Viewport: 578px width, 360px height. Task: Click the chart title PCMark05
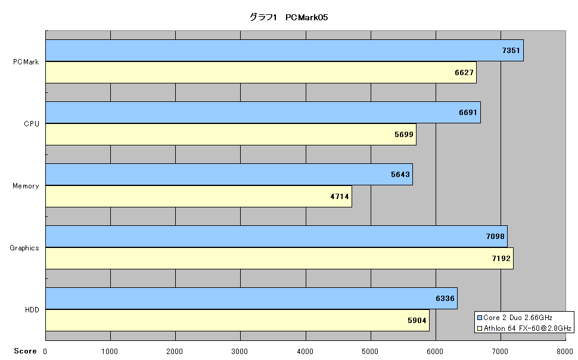[x=288, y=17]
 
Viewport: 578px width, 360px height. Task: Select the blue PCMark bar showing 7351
[x=285, y=51]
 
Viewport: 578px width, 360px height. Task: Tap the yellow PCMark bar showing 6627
[x=261, y=72]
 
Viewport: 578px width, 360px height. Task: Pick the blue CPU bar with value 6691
[x=263, y=113]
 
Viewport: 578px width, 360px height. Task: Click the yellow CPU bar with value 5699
[x=231, y=134]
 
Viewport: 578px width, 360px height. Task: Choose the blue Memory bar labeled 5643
[x=229, y=175]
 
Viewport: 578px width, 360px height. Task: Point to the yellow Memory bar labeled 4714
[x=198, y=196]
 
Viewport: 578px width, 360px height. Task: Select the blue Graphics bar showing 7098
[x=276, y=237]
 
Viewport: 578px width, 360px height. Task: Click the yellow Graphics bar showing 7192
[x=279, y=258]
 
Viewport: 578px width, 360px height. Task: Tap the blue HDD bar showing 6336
[x=251, y=299]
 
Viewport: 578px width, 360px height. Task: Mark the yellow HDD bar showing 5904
[x=237, y=320]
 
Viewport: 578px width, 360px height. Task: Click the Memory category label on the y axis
[x=26, y=186]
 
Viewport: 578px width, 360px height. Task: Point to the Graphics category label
[x=24, y=248]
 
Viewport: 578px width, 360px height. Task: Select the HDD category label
[x=32, y=310]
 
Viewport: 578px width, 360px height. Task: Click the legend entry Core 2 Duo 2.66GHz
[x=515, y=318]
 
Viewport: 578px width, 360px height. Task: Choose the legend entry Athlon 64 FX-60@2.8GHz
[x=524, y=328]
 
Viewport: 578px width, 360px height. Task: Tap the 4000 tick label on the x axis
[x=305, y=352]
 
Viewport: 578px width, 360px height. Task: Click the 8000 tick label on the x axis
[x=564, y=352]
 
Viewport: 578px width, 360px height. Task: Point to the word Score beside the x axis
[x=25, y=351]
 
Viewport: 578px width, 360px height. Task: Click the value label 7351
[x=511, y=51]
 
